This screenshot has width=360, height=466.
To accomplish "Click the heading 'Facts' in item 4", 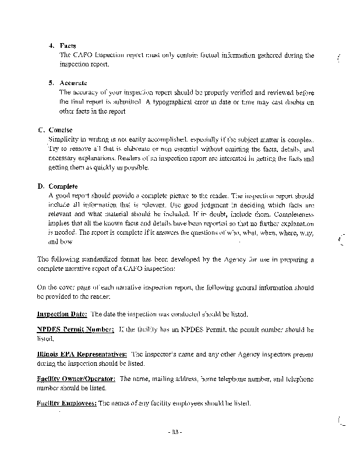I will pos(68,46).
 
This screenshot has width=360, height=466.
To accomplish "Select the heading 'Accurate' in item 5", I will pos(73,83).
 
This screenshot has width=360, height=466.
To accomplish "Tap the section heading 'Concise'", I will pos(61,130).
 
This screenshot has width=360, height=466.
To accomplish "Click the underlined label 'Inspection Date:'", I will pos(62,315).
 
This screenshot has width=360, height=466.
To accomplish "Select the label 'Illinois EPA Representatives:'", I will pos(82,354).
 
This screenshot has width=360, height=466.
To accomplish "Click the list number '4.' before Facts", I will pos(51,46).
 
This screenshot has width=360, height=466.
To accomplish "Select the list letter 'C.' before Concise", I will pos(41,130).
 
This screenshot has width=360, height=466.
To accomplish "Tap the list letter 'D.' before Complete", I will pos(41,186).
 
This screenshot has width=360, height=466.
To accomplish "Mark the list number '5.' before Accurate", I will pos(51,83).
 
